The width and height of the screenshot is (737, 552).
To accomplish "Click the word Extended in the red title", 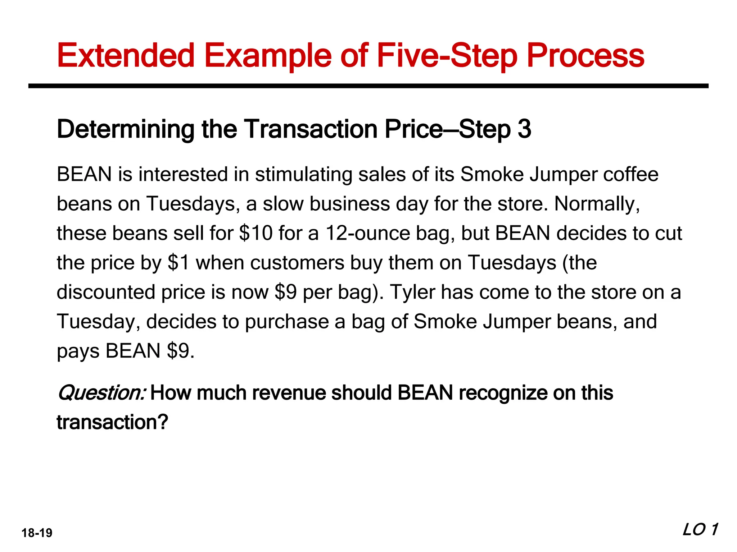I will (x=126, y=56).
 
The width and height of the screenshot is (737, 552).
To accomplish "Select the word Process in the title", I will (x=585, y=56).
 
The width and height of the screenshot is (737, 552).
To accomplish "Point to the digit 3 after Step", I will (x=524, y=129).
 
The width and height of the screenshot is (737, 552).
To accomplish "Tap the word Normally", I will (x=597, y=204).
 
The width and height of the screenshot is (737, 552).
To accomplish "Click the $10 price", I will (x=256, y=233).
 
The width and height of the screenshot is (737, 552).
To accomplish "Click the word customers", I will (x=297, y=263).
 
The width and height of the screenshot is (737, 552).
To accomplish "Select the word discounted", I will (x=105, y=292).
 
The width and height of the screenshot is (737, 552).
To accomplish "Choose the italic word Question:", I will (x=101, y=393).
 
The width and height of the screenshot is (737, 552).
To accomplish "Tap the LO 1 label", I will (x=700, y=530).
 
